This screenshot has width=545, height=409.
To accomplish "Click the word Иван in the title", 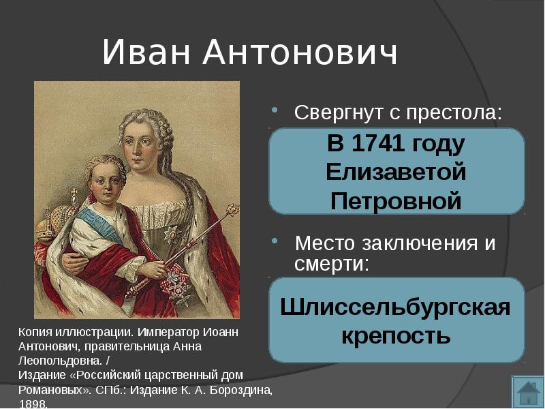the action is click(x=146, y=52).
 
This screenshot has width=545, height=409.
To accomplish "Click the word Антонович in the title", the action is click(x=300, y=52).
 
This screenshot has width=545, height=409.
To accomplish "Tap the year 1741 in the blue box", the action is click(x=378, y=143).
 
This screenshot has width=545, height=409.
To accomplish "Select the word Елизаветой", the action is click(x=396, y=172).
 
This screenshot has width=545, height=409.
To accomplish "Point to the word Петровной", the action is click(x=396, y=201).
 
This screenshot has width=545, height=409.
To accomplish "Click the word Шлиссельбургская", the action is click(x=395, y=307).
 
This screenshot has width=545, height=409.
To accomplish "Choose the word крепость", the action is click(x=396, y=336).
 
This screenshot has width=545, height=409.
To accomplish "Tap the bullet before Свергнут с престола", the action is click(x=275, y=110).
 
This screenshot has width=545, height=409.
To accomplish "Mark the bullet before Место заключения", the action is click(x=275, y=241).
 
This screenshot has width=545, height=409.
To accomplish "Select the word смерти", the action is click(x=331, y=264).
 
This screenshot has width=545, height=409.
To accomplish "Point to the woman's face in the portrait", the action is click(x=139, y=146).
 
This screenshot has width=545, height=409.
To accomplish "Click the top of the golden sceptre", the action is click(x=232, y=209).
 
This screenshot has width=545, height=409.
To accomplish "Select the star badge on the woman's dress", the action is click(x=171, y=234).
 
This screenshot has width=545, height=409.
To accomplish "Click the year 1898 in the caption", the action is click(x=32, y=404).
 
